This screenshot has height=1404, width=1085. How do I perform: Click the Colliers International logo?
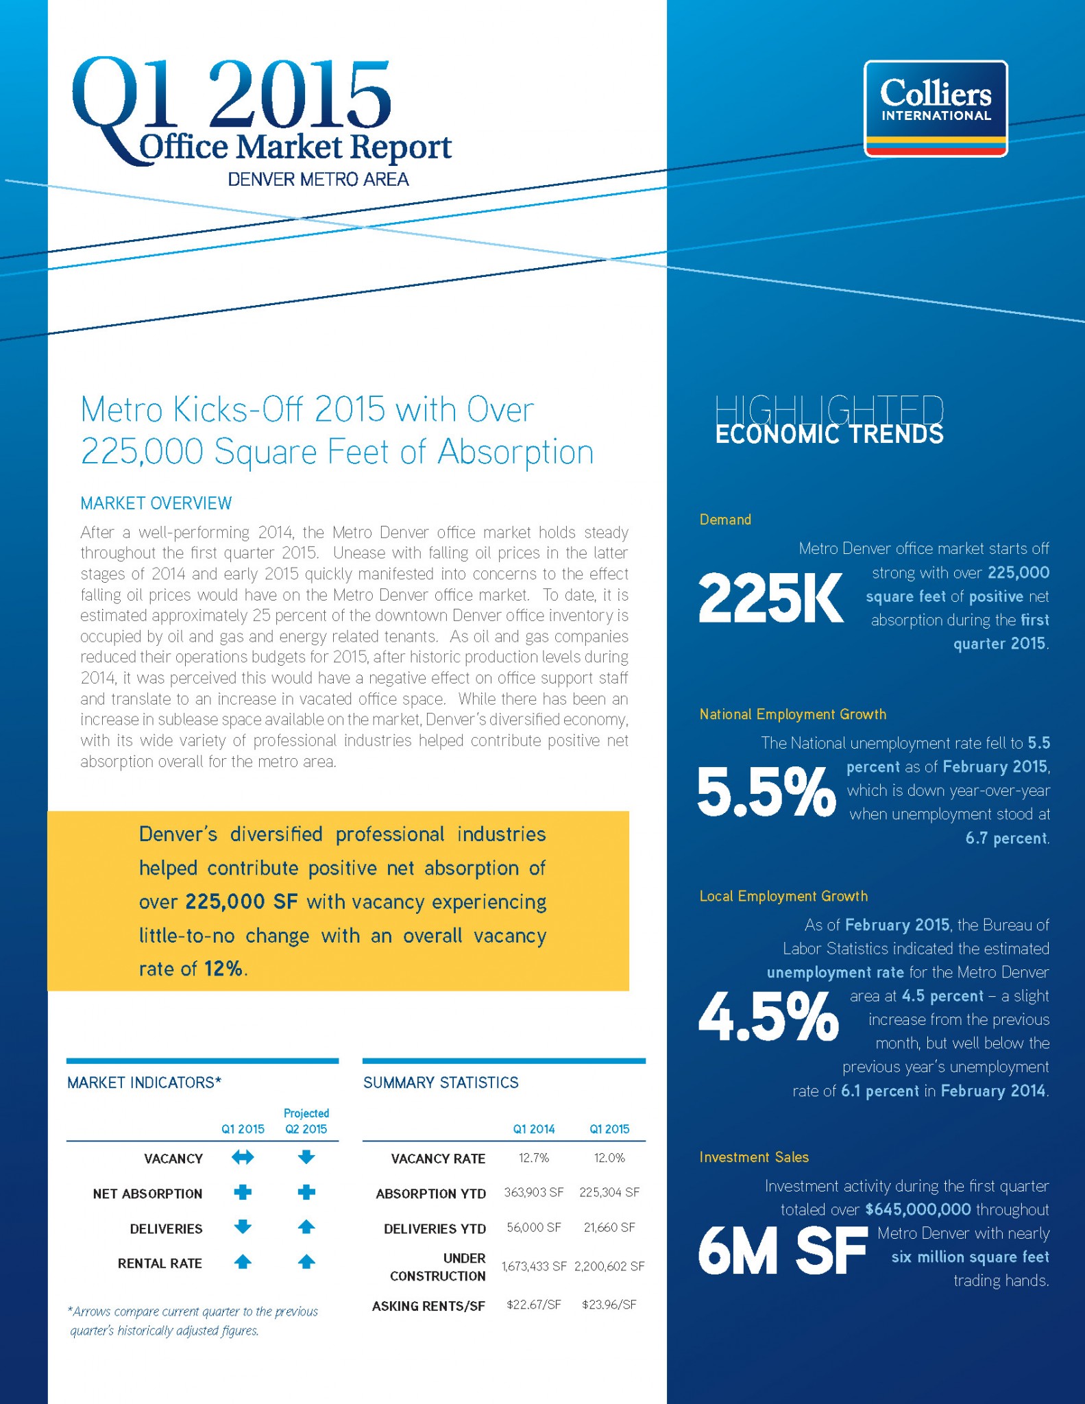tap(936, 108)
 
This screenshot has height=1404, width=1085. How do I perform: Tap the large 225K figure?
tap(770, 598)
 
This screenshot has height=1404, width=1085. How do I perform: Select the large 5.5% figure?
tap(766, 792)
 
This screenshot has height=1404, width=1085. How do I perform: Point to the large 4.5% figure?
tap(768, 1015)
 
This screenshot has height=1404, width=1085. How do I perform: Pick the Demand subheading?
tap(725, 520)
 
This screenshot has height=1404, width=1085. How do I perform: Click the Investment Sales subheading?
tap(754, 1157)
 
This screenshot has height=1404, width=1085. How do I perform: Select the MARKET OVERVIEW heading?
tap(156, 503)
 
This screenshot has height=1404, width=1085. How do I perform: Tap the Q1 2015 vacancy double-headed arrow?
tap(243, 1157)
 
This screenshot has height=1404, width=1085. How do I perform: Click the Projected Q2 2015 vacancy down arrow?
tap(306, 1157)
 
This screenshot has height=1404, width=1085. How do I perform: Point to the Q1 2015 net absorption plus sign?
tap(243, 1192)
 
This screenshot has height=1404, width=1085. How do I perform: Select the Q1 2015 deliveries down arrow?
tap(243, 1227)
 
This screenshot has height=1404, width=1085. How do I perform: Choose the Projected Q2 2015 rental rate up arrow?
tap(306, 1261)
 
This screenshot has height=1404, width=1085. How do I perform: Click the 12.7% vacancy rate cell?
tap(534, 1158)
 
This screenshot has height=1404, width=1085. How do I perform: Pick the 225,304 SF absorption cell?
tap(609, 1192)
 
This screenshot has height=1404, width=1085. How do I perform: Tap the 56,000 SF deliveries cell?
tap(534, 1227)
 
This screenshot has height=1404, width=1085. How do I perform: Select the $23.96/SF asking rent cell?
tap(609, 1304)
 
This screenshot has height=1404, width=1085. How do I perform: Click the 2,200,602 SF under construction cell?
tap(609, 1266)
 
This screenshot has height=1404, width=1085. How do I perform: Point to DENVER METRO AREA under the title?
tap(318, 180)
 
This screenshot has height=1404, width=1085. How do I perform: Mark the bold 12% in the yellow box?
tap(223, 969)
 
